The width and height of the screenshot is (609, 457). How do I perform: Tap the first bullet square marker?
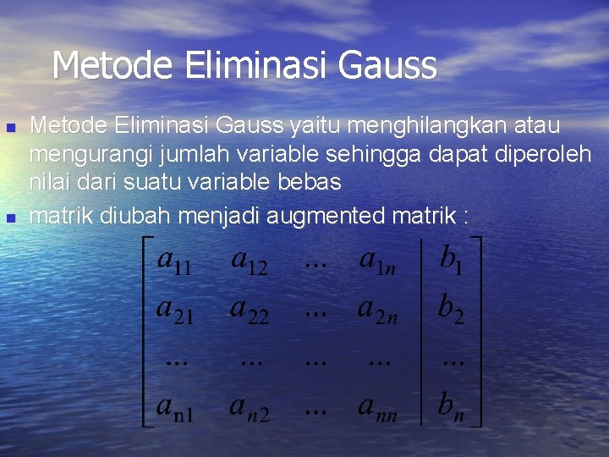11,128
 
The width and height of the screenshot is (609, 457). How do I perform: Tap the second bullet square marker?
11,217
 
